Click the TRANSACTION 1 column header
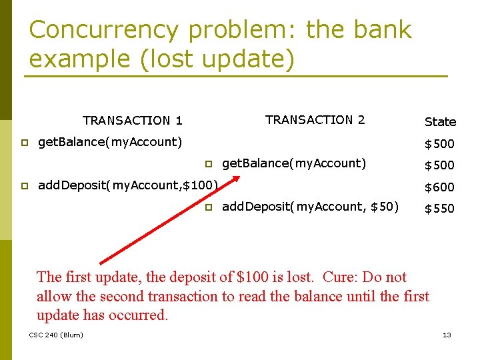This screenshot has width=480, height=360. (x=132, y=121)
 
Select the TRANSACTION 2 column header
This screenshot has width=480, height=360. (x=315, y=120)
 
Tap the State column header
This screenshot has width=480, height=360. (x=440, y=122)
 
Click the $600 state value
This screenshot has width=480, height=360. (x=440, y=187)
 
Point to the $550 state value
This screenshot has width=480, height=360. (x=440, y=209)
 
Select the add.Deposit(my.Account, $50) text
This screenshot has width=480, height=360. (x=310, y=207)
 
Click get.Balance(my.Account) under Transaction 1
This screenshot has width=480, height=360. (x=110, y=142)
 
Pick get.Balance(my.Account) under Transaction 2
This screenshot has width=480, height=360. (x=294, y=163)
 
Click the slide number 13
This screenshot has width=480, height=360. (x=447, y=335)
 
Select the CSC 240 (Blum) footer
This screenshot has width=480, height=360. (x=56, y=335)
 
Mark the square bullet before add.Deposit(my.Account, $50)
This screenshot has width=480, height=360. (x=208, y=207)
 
